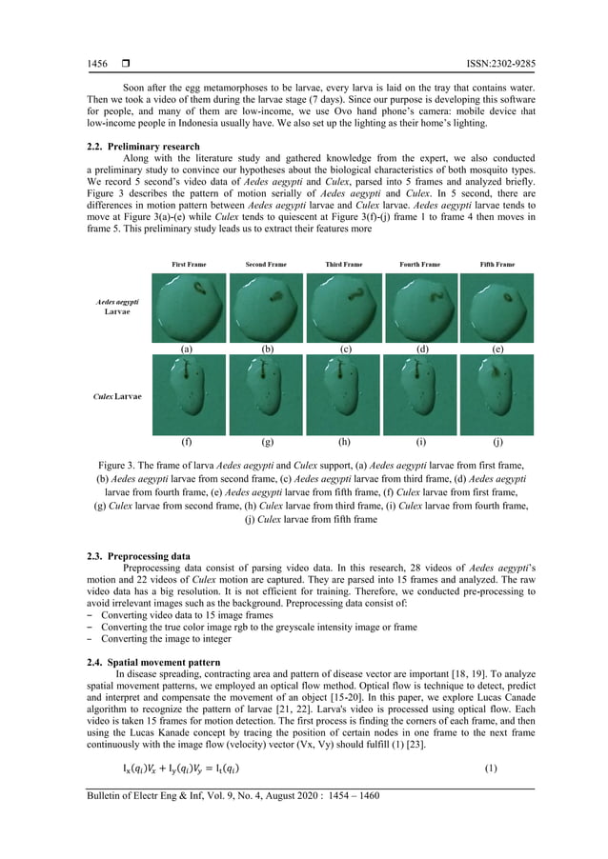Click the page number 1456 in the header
(x=97, y=64)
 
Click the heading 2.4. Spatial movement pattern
(x=152, y=662)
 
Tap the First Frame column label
(x=189, y=264)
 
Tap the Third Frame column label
(x=343, y=264)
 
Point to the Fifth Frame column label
(x=497, y=264)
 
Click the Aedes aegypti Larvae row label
(x=118, y=306)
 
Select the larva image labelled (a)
(x=189, y=308)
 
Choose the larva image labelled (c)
(x=343, y=308)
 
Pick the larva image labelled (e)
(x=497, y=308)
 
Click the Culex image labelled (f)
(x=189, y=395)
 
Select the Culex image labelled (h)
(x=343, y=395)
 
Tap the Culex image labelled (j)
(x=497, y=395)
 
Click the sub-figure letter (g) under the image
(x=267, y=443)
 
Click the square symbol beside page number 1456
(x=125, y=64)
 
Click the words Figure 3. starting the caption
(x=121, y=462)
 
